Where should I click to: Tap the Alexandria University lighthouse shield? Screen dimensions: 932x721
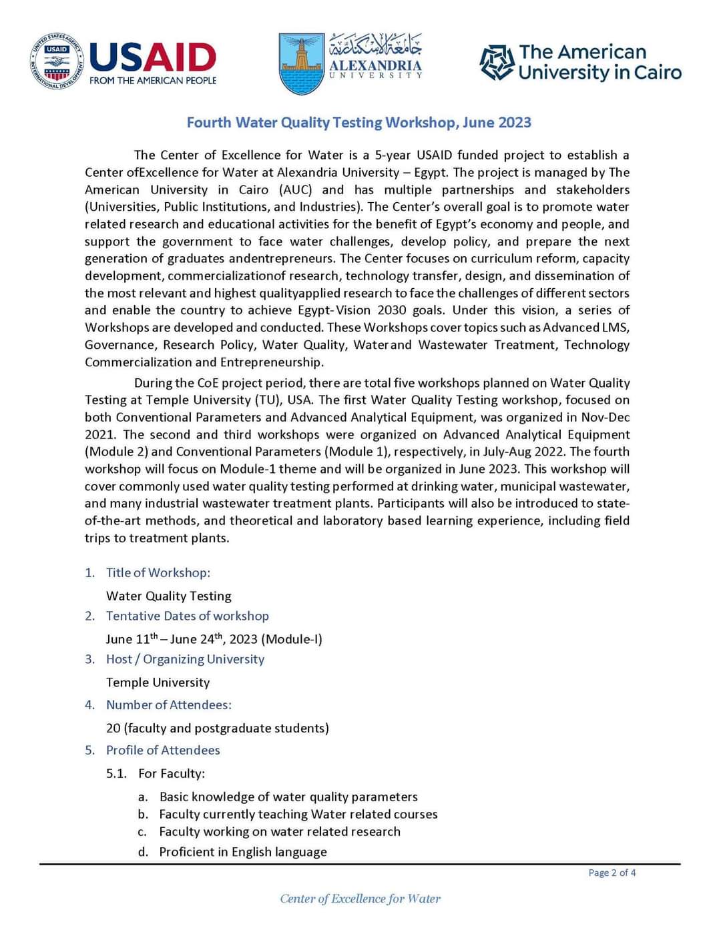(301, 63)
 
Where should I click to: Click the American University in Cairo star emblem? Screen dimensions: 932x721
(497, 63)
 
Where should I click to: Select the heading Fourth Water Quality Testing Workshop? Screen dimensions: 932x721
(358, 123)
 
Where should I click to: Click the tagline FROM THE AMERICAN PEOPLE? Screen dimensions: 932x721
(153, 81)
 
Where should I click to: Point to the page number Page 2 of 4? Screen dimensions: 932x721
(612, 873)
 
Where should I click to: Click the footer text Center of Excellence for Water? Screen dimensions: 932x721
(360, 899)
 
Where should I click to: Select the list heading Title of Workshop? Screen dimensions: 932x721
(158, 572)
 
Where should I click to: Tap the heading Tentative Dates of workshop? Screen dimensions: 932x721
(187, 616)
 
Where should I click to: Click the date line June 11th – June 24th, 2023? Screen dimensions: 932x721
(214, 639)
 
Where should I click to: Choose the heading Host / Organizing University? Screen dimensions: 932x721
(185, 659)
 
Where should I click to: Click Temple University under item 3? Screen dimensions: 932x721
(158, 682)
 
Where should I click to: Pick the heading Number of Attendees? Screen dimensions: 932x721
(168, 705)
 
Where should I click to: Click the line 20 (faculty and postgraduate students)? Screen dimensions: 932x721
(217, 728)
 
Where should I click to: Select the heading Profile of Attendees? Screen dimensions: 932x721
(163, 750)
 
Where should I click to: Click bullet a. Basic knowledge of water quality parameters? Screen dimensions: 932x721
(288, 797)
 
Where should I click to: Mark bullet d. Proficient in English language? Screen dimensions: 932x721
(242, 852)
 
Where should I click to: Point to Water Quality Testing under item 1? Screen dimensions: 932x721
(168, 596)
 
